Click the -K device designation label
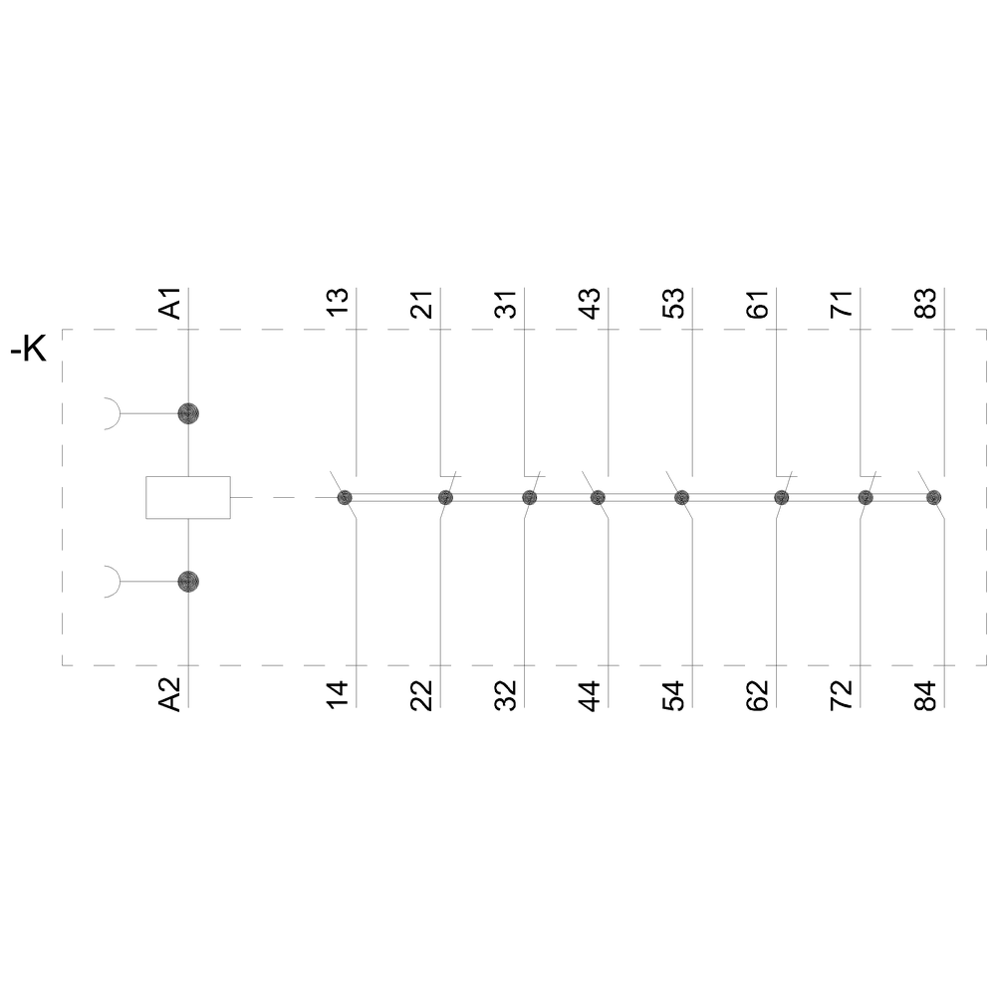pos(29,349)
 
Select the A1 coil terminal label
pos(170,303)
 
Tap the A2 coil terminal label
pos(170,694)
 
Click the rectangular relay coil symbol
pos(188,497)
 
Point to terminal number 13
pos(338,302)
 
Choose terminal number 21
pos(421,304)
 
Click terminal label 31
pos(506,304)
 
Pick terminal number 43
pos(590,304)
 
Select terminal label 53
pos(674,304)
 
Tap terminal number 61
pos(758,304)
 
